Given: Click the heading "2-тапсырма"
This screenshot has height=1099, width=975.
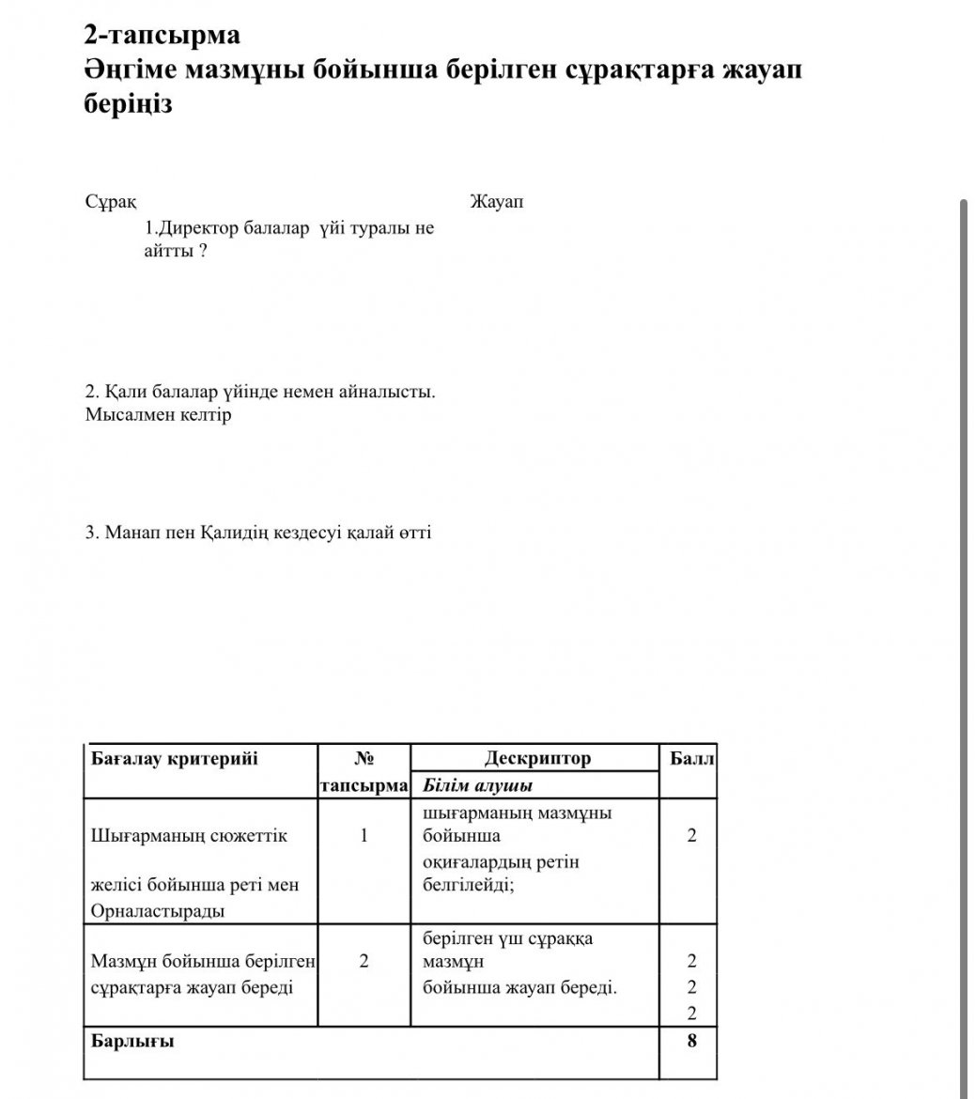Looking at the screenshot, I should point(162,36).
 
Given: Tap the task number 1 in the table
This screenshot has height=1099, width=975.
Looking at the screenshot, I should point(364,835).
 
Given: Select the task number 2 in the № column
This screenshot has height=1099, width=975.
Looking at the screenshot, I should point(364,961).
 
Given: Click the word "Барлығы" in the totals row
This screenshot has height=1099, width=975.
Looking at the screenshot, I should point(132,1041).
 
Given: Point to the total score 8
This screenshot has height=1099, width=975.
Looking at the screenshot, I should point(692,1041).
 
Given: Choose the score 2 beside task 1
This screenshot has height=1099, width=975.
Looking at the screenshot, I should point(692,835).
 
